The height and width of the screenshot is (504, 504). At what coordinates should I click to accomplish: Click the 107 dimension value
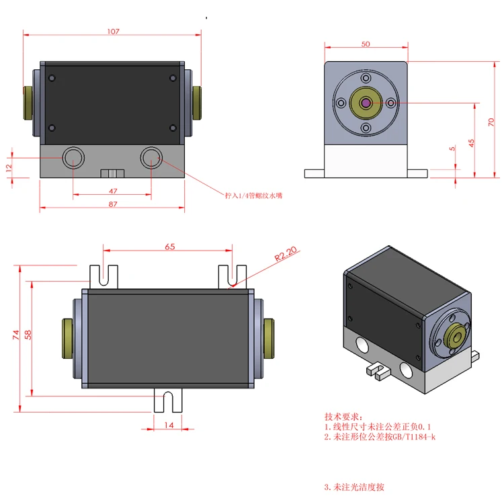(113, 31)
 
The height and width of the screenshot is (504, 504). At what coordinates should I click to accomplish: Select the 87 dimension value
(112, 203)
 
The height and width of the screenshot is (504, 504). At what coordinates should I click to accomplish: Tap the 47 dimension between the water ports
(112, 191)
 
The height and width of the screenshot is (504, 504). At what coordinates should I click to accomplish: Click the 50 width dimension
(366, 44)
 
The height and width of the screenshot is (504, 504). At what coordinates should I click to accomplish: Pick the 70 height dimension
(492, 121)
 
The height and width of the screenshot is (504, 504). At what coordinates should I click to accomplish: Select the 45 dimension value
(472, 142)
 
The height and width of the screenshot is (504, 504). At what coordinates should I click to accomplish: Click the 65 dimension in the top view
(169, 247)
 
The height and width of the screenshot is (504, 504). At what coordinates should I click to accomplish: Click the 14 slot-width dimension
(169, 425)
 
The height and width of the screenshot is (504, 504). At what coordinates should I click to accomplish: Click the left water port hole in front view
(73, 159)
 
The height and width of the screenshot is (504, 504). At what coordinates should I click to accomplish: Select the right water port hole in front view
(150, 159)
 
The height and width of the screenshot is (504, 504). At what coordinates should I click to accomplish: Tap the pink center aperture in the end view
(366, 103)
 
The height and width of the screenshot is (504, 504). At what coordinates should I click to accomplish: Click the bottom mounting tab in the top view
(169, 401)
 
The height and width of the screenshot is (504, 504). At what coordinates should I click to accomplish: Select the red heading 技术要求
(343, 416)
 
